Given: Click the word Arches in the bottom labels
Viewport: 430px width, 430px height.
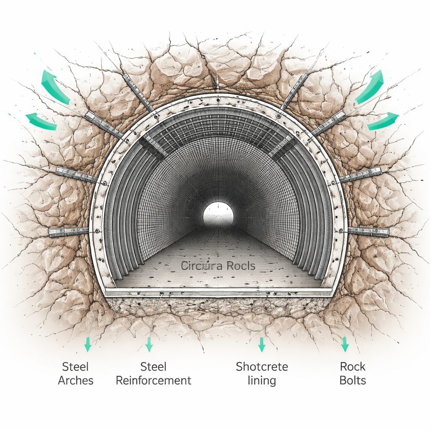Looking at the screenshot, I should [76, 380].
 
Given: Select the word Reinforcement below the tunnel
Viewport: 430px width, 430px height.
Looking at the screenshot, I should [153, 380].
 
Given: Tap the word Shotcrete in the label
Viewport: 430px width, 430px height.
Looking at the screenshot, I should [262, 366].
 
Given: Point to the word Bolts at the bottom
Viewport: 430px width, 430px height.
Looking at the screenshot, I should [353, 380].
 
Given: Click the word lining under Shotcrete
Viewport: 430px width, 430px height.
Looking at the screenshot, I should [262, 380].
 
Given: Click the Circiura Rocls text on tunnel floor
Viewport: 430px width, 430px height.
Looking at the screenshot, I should [218, 265].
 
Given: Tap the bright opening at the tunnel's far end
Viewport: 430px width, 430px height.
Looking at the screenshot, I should [218, 213].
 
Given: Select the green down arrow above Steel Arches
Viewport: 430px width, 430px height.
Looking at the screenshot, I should [88, 344].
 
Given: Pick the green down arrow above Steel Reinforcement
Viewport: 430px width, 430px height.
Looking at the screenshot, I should [149, 344].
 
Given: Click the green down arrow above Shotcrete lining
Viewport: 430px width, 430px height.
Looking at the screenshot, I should [262, 344].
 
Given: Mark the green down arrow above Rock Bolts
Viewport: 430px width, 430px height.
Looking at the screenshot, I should [345, 343].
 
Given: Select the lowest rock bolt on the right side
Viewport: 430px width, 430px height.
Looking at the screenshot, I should [368, 231].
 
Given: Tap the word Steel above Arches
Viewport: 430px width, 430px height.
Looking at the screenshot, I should [76, 366].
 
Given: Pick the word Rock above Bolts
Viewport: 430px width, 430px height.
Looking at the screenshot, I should [353, 366].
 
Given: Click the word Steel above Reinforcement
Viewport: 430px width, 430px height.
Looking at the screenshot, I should [153, 366].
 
